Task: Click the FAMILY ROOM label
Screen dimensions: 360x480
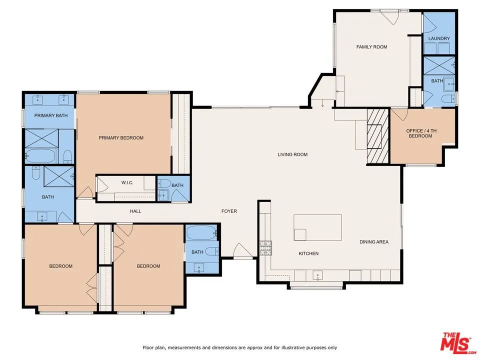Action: (x=371, y=47)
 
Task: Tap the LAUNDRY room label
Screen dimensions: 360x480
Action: (x=439, y=38)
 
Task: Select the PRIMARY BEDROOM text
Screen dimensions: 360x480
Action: (x=121, y=138)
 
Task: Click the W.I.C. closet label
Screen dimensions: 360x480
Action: (x=126, y=182)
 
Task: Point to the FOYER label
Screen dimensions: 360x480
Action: (x=229, y=211)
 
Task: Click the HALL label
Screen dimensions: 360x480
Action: (x=135, y=211)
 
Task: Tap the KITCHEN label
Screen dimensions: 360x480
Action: (x=308, y=253)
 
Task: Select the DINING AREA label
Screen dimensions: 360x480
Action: (x=374, y=242)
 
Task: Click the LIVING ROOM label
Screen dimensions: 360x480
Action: (x=292, y=154)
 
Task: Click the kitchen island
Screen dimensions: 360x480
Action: (x=318, y=227)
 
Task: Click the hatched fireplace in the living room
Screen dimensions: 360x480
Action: (x=378, y=135)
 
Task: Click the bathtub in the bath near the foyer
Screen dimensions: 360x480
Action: (x=201, y=233)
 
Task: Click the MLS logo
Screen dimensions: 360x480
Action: (x=456, y=341)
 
